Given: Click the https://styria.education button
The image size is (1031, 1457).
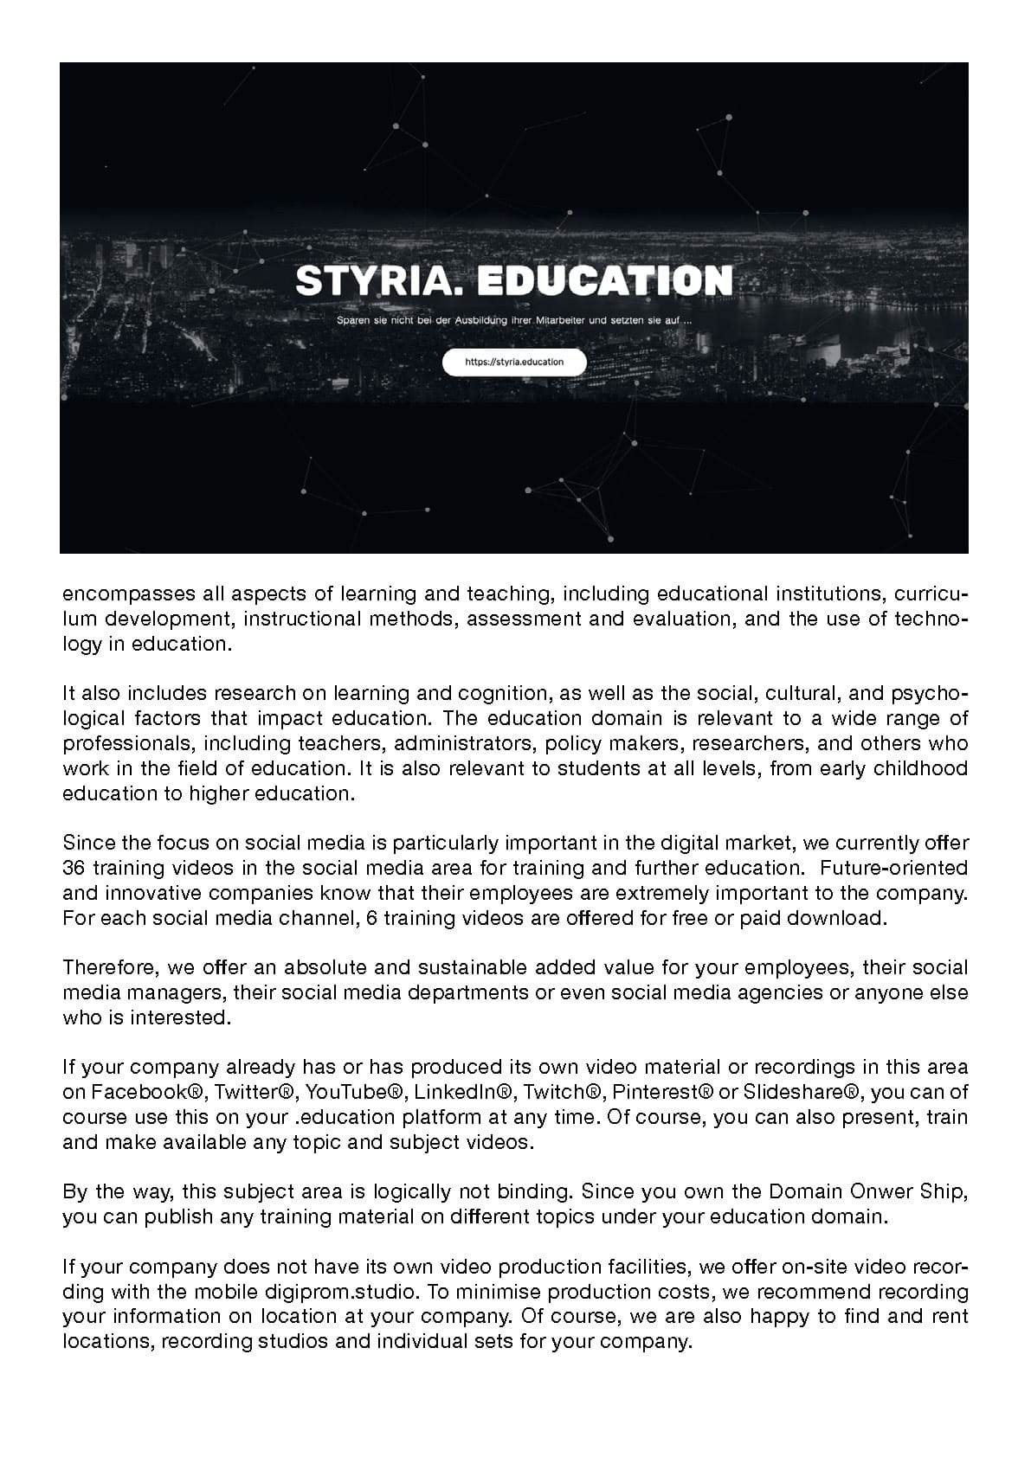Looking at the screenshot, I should point(514,363).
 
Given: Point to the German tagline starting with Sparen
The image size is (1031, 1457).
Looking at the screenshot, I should point(514,320).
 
